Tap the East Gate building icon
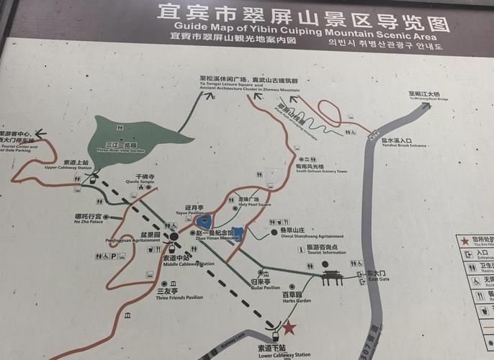332,277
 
